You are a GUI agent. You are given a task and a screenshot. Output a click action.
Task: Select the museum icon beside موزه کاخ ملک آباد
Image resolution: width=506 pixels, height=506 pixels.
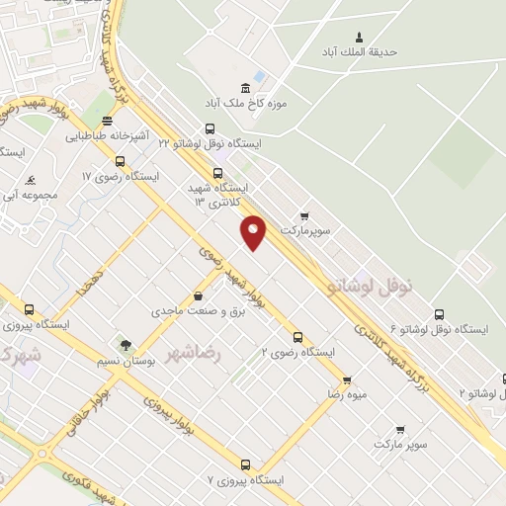(x=245, y=87)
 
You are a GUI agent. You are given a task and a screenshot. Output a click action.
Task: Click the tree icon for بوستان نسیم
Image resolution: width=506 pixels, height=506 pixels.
(x=126, y=346)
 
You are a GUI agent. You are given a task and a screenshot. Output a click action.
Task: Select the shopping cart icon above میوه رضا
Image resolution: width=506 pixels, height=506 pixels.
(x=347, y=379)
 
